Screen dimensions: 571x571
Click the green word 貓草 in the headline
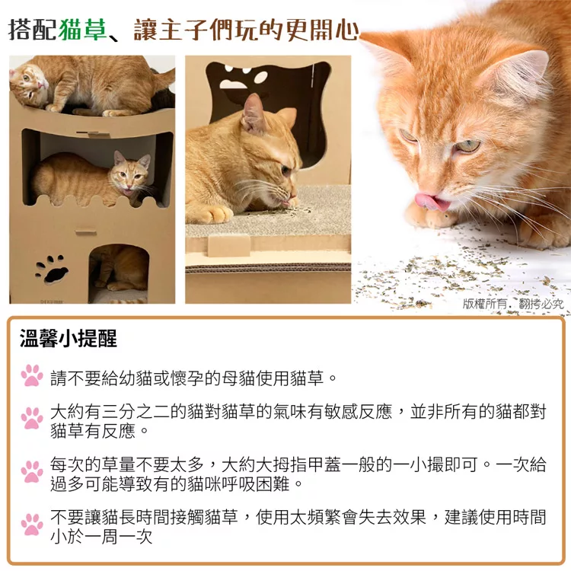click(82, 29)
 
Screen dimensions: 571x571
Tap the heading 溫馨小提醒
click(69, 338)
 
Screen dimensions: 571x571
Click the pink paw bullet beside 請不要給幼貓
click(32, 375)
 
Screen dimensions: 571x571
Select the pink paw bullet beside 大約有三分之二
click(32, 418)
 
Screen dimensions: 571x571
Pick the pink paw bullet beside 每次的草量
click(32, 471)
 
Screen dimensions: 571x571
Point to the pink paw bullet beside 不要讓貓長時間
click(32, 525)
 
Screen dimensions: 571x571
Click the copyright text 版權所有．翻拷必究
click(513, 304)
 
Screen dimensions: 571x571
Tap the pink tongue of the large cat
click(432, 202)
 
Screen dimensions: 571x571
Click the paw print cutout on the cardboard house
click(52, 270)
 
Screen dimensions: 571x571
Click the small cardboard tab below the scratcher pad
click(228, 245)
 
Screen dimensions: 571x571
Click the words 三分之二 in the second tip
click(136, 412)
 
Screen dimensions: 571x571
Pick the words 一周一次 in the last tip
click(118, 538)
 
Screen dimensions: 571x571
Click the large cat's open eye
click(467, 146)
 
